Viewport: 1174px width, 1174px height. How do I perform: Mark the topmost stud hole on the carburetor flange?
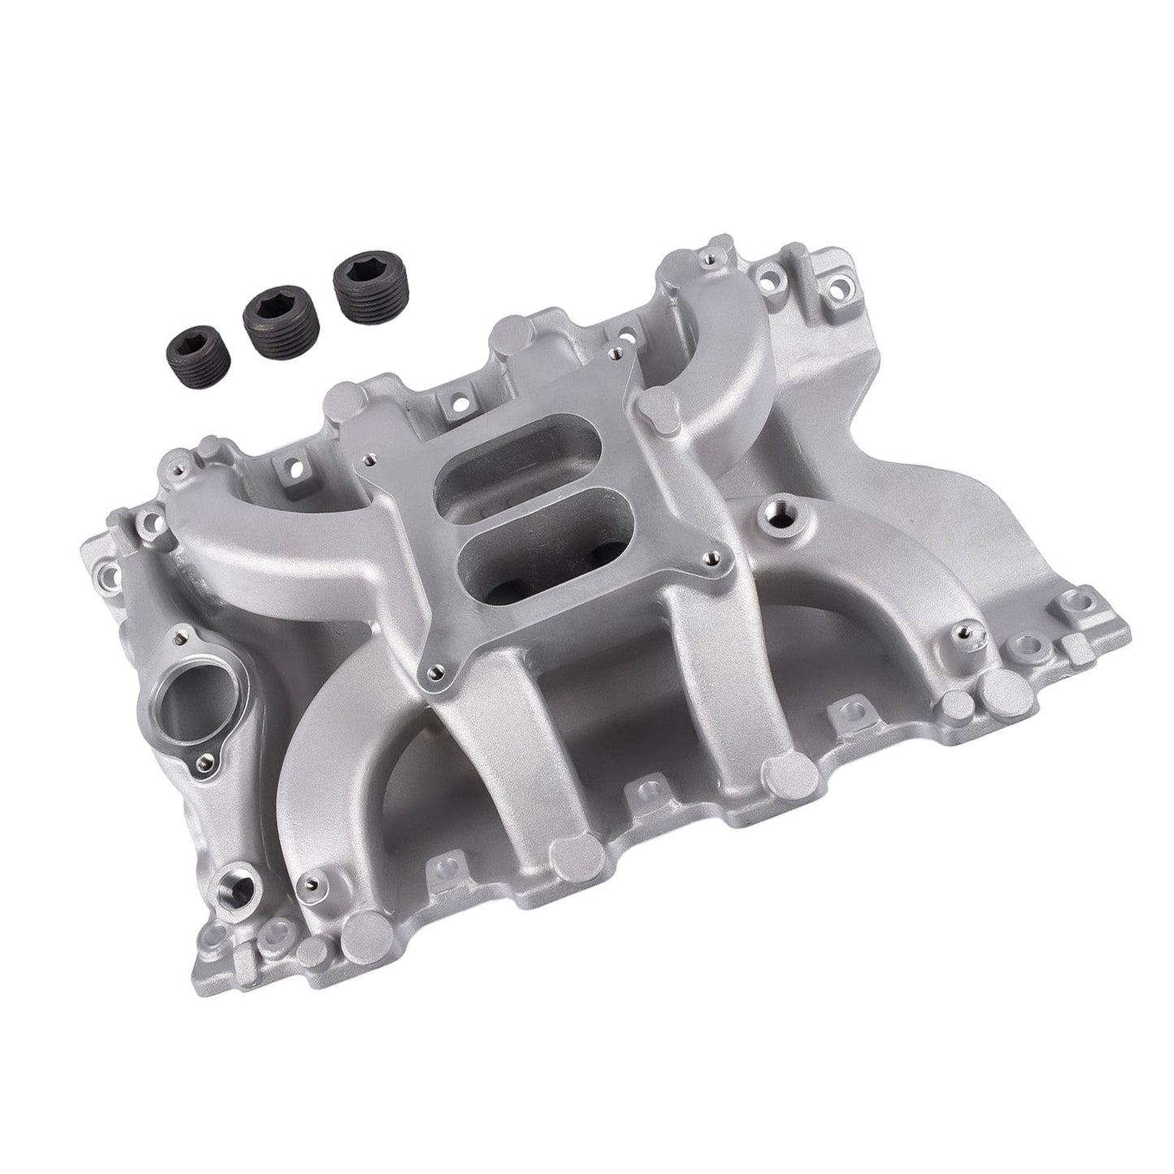pos(617,353)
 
